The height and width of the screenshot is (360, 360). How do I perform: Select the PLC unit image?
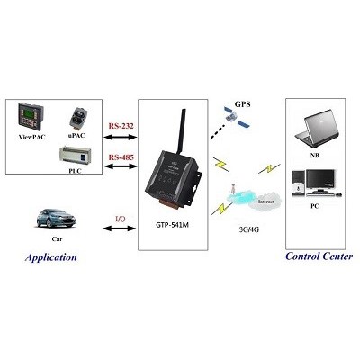tap(75, 157)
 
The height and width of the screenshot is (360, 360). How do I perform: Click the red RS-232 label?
tap(121, 126)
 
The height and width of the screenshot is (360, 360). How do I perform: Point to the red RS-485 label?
tap(121, 157)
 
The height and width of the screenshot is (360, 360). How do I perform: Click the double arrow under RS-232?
tap(121, 138)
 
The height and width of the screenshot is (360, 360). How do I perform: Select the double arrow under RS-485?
tap(121, 166)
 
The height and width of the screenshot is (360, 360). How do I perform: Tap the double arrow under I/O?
tap(120, 229)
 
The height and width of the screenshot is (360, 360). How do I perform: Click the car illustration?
tap(56, 219)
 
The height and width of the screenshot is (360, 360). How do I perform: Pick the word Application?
tap(51, 257)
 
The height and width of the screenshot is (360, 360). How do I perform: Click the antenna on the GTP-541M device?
tap(181, 132)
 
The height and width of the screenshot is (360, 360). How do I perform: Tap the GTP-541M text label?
tap(172, 225)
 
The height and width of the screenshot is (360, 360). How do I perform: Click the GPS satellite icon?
tap(237, 118)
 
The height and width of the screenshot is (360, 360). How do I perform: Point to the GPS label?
tap(242, 104)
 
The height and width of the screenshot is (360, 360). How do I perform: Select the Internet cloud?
tap(265, 201)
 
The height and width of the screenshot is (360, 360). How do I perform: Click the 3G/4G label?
tap(249, 229)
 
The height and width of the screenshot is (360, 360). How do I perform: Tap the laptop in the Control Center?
tap(318, 129)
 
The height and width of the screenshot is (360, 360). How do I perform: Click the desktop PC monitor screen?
tap(320, 179)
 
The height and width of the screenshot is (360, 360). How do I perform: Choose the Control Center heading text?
tap(319, 256)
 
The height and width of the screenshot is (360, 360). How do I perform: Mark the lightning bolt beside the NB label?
tap(269, 168)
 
